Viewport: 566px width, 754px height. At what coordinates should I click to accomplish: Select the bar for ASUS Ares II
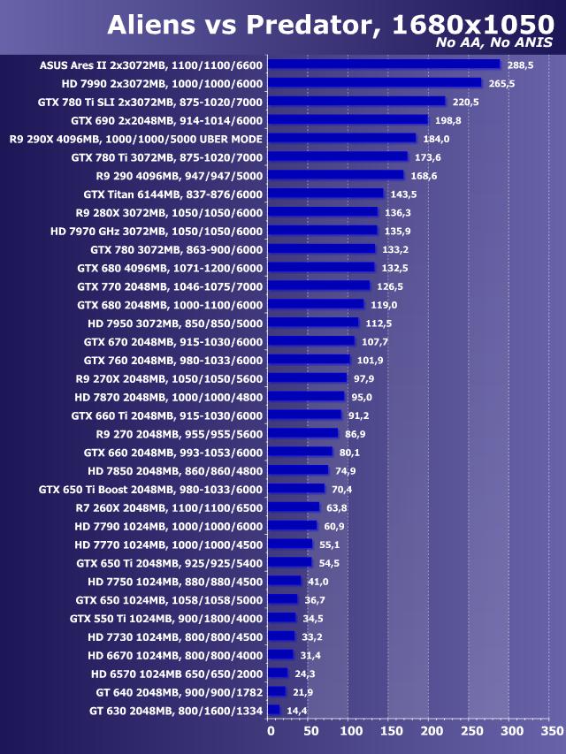point(384,65)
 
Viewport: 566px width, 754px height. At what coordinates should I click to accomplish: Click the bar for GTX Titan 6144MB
point(325,194)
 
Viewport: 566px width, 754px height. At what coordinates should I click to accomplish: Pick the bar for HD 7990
point(374,83)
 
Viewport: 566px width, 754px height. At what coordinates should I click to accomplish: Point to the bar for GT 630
point(273,710)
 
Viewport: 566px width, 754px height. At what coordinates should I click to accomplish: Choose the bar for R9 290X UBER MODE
point(341,138)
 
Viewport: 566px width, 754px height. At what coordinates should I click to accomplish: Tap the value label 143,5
point(403,194)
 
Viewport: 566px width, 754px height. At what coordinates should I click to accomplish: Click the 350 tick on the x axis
point(550,731)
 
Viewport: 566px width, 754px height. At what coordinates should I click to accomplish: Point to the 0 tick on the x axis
point(271,731)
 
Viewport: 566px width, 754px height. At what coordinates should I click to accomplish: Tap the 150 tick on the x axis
point(390,731)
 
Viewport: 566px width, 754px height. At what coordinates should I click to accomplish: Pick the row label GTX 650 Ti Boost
point(151,489)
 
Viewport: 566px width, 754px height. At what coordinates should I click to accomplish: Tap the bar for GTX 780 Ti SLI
point(356,102)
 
